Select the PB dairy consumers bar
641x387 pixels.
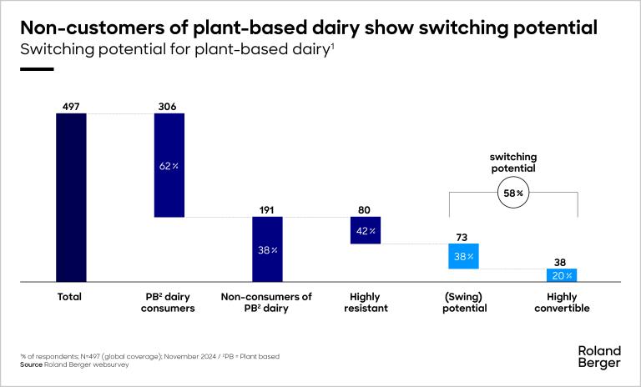pos(169,165)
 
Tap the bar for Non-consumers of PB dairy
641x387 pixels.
pos(268,249)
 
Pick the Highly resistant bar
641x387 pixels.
pos(366,230)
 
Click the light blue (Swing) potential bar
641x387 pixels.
pos(464,257)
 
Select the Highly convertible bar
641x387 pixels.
pos(562,275)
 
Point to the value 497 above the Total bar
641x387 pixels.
pos(71,106)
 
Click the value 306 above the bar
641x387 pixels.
pos(169,106)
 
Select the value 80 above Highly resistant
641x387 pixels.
pos(366,210)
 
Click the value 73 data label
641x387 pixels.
pos(464,238)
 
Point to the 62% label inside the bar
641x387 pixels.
pos(169,166)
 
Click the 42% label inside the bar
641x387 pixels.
pos(366,231)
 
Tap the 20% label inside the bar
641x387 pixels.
pos(562,275)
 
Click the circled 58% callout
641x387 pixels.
pos(512,193)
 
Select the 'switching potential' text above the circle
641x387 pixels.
pos(512,162)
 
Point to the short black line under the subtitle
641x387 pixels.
pos(36,69)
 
